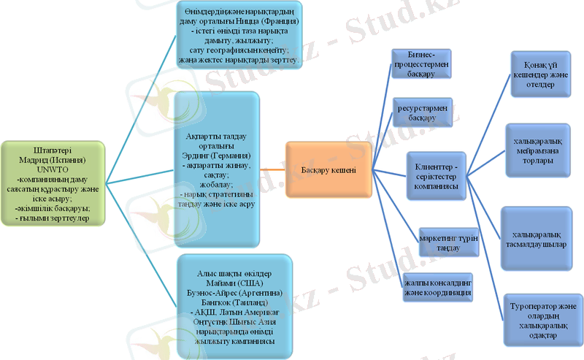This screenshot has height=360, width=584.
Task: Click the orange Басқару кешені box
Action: tap(328, 169)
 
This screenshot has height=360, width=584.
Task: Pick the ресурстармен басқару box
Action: tap(422, 112)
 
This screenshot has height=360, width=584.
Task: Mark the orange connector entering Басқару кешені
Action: tap(273, 169)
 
